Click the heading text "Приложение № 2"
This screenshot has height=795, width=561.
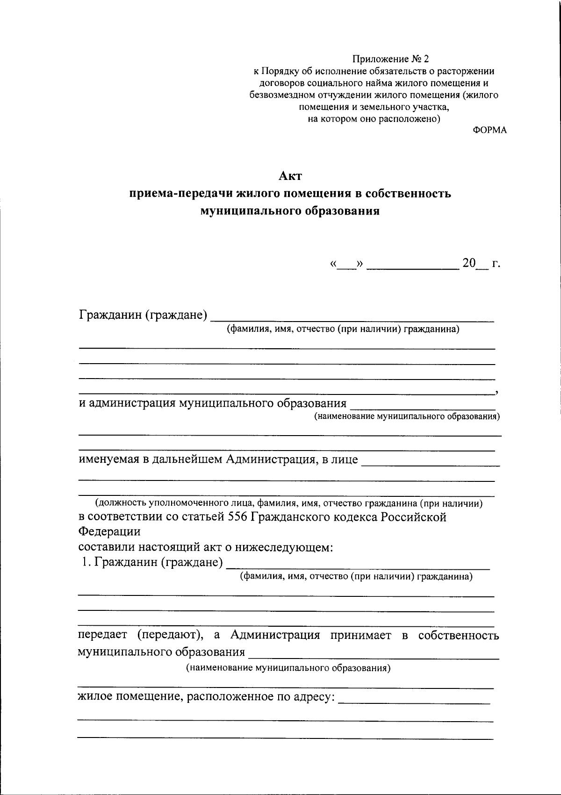point(390,59)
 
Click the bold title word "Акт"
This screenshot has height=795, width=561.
point(290,176)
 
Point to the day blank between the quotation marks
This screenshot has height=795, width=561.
point(346,265)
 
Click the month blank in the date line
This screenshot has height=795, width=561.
point(412,265)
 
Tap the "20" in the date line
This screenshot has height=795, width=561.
point(468,264)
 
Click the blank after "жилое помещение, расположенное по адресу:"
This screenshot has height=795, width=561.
point(414,698)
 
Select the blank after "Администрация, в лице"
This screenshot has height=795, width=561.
point(431,461)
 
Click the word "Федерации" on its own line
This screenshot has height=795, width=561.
point(109,532)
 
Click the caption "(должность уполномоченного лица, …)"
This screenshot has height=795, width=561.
point(289,503)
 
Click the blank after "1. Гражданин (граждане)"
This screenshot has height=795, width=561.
point(358,565)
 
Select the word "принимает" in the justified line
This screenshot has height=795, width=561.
point(360,636)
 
